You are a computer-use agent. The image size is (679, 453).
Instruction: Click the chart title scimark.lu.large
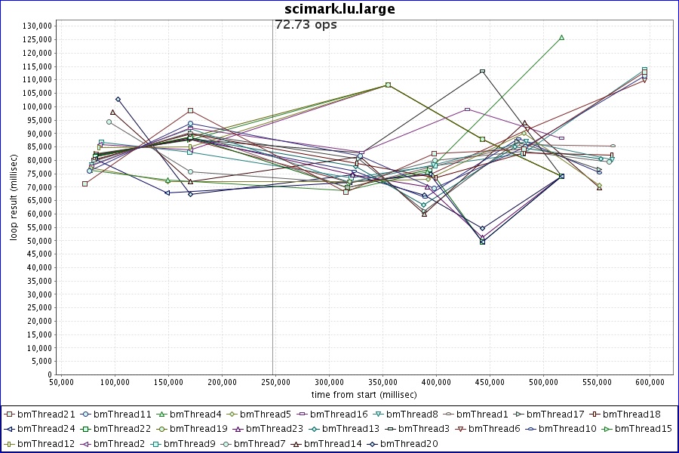339,9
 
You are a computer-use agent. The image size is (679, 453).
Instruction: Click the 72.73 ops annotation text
306,24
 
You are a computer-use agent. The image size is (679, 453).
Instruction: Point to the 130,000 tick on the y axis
35,26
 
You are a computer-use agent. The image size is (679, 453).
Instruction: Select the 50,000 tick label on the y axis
38,240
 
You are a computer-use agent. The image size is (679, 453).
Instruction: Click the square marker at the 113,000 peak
482,72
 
